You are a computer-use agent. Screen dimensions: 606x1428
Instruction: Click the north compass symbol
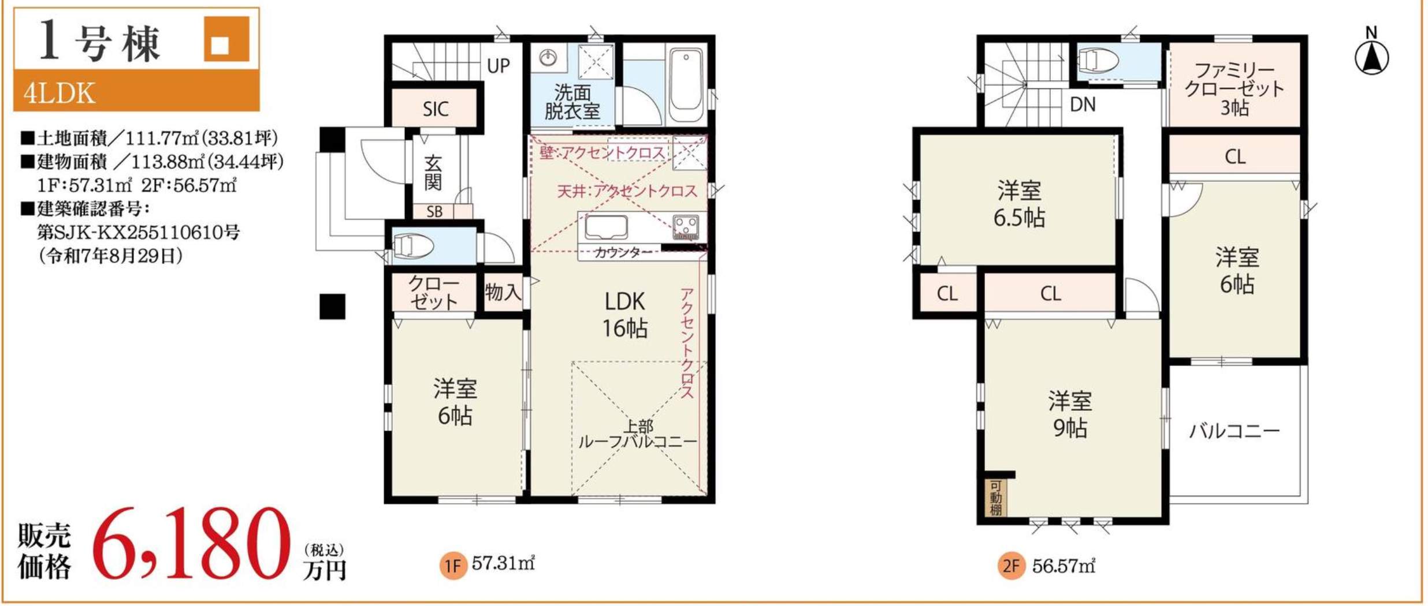tap(1371, 58)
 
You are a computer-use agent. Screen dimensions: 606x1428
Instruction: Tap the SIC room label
tap(435, 109)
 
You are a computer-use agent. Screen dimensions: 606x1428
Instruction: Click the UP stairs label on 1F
tap(498, 66)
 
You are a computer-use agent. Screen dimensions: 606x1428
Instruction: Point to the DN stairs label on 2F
tap(1082, 104)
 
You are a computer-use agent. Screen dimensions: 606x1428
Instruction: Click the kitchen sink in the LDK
tap(606, 227)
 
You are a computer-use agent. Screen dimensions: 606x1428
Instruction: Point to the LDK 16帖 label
tap(625, 315)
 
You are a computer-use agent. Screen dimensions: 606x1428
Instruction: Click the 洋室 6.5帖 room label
tap(1019, 204)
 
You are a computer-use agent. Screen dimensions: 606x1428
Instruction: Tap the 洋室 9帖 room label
tap(1070, 414)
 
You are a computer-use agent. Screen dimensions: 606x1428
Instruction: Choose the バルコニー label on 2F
tap(1234, 431)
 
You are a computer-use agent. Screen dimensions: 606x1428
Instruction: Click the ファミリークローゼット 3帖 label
tap(1234, 88)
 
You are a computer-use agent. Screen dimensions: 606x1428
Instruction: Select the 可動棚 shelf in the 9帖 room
tap(995, 497)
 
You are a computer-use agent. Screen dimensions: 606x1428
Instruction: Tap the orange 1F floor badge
tap(453, 566)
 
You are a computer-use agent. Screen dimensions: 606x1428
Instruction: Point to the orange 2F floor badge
tap(1011, 566)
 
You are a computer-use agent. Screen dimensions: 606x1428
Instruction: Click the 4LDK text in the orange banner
tap(59, 93)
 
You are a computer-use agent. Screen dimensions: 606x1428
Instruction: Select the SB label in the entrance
tap(434, 212)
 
